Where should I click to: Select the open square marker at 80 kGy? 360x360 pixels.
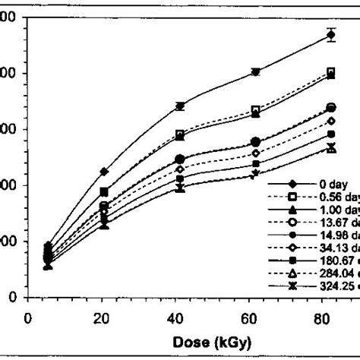click(330, 72)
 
